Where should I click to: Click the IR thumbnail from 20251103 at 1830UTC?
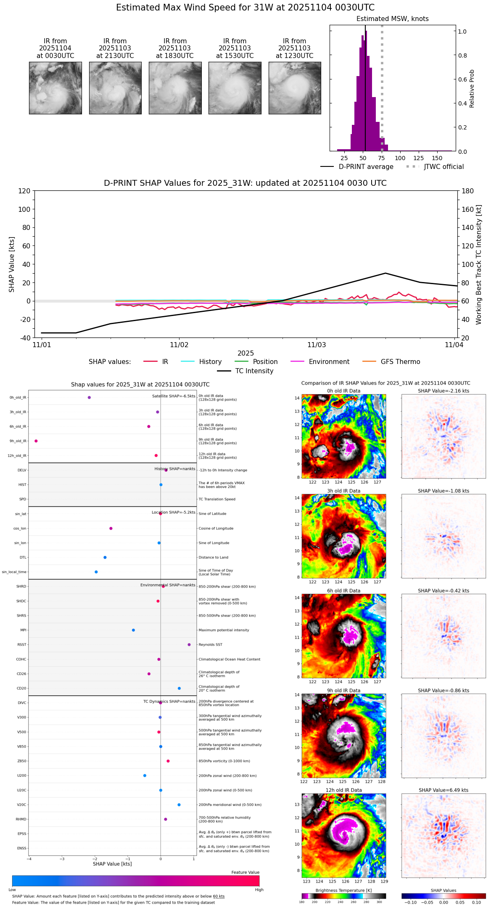click(175, 88)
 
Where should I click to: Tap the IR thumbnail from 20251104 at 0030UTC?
click(55, 88)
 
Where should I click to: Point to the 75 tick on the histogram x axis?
click(381, 158)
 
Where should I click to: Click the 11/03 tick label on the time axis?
click(317, 345)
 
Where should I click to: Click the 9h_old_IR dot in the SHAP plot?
click(36, 441)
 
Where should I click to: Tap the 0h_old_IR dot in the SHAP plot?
click(89, 397)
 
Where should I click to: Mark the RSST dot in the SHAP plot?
click(189, 644)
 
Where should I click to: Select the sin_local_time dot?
click(96, 572)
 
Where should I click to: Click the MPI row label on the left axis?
click(24, 630)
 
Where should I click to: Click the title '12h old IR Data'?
click(343, 790)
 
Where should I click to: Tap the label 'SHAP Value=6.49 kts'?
click(443, 790)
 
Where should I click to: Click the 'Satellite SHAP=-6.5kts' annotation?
click(174, 396)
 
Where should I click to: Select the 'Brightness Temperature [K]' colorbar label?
click(343, 890)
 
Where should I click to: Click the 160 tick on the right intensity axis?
click(467, 209)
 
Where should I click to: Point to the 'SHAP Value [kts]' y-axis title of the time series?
click(12, 264)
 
